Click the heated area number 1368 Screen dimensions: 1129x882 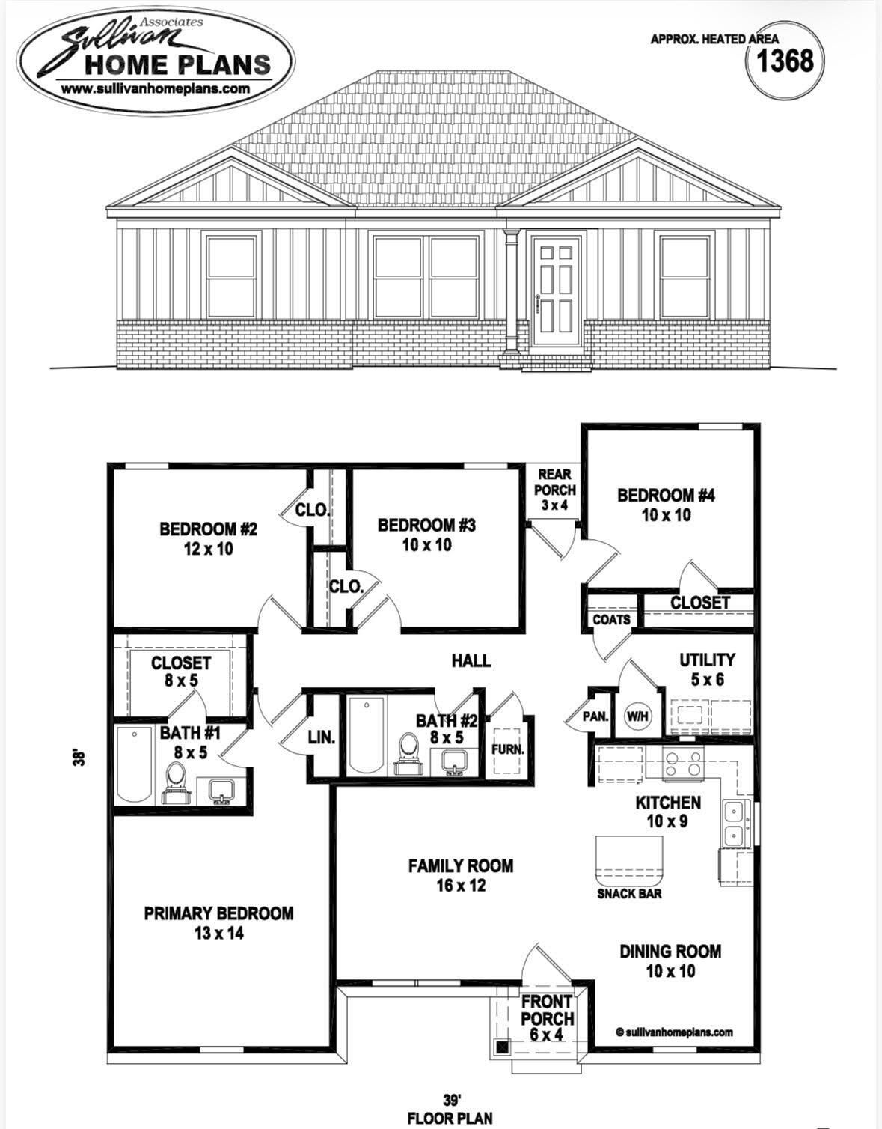tap(785, 60)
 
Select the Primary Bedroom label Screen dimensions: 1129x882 tap(218, 922)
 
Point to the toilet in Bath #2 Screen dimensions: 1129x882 tap(408, 752)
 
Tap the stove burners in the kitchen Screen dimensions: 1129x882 tap(684, 764)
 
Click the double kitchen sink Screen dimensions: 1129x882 tap(734, 824)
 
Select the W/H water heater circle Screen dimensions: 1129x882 tap(637, 716)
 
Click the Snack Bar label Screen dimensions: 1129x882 tap(629, 893)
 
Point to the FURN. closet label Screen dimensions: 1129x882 tap(507, 749)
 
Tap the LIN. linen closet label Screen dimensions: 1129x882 tap(321, 737)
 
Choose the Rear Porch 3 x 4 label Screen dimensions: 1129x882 tap(554, 490)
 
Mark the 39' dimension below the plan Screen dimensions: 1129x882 tap(450, 1100)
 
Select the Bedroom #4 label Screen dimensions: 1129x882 tap(666, 505)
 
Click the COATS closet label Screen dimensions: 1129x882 tap(611, 620)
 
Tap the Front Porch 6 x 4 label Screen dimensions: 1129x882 tap(547, 1018)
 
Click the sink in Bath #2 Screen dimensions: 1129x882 tap(453, 763)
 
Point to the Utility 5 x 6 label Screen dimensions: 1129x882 tap(707, 669)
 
